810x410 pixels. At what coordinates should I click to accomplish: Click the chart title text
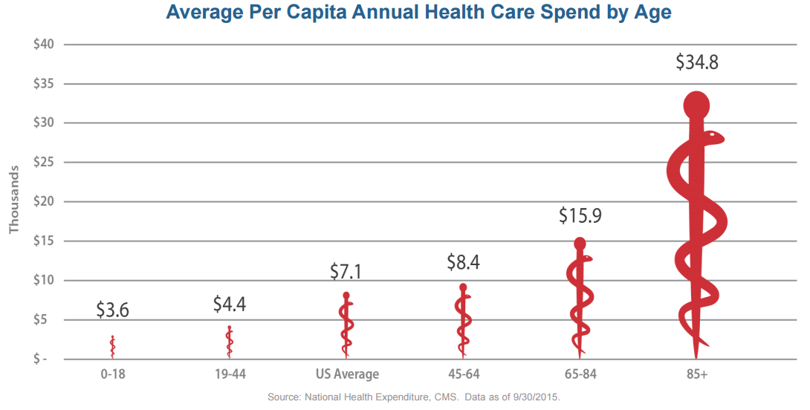418,13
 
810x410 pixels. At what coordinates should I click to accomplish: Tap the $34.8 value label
697,62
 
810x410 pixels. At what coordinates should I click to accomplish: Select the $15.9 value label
580,216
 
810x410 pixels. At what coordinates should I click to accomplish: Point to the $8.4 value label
462,262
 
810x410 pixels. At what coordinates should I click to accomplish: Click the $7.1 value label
346,271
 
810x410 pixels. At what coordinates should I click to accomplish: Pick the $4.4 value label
229,304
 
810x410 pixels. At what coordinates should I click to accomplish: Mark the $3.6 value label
112,310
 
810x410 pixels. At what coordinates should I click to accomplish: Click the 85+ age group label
697,374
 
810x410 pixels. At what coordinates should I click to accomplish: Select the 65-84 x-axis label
580,374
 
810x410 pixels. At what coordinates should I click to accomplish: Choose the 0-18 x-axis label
112,374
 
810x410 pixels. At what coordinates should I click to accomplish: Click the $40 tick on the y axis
45,44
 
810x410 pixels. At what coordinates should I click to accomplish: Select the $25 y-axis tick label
45,162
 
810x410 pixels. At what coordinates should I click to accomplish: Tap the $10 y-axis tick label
45,280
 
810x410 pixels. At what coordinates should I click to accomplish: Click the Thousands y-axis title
13,201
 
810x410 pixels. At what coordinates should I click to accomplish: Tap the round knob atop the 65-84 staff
580,244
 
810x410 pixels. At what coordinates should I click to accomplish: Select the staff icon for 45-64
463,319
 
